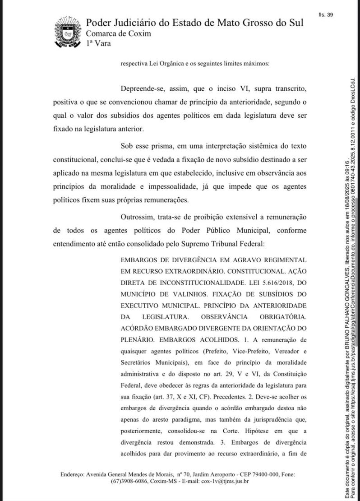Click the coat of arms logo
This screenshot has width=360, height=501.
tap(67, 32)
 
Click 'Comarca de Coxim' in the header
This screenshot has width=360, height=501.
tap(118, 34)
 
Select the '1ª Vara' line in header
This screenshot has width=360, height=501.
tap(98, 43)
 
